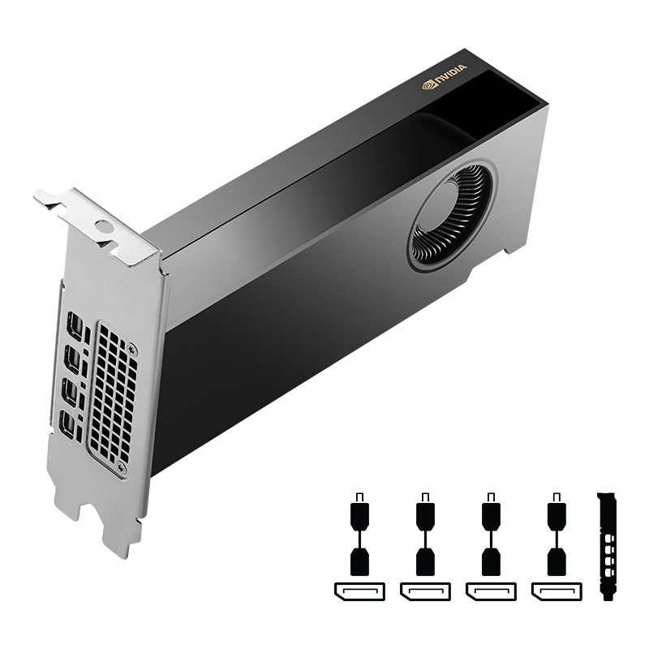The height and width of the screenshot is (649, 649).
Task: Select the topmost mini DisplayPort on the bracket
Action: click(75, 326)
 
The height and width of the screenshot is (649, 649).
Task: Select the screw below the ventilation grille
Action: click(122, 468)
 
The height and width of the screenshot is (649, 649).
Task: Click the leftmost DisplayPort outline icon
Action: click(359, 590)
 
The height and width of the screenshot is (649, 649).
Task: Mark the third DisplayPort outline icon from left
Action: click(490, 590)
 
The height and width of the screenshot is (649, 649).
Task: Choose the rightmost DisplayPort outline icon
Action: click(556, 590)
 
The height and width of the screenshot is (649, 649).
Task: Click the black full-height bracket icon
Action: click(606, 544)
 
